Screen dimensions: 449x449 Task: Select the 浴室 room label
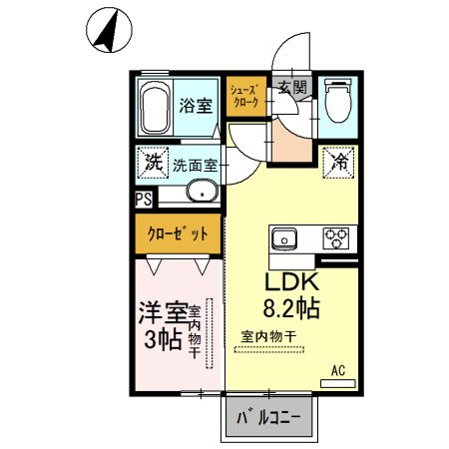(x=195, y=104)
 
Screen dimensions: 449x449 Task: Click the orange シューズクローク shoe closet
(x=245, y=97)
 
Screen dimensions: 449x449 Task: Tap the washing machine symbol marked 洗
(x=152, y=163)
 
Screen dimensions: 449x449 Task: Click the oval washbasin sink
(x=203, y=193)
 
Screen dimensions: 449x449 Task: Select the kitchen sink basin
(x=283, y=239)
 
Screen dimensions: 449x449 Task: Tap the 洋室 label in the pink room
(x=161, y=310)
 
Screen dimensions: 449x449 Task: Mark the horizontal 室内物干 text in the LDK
(x=267, y=336)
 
